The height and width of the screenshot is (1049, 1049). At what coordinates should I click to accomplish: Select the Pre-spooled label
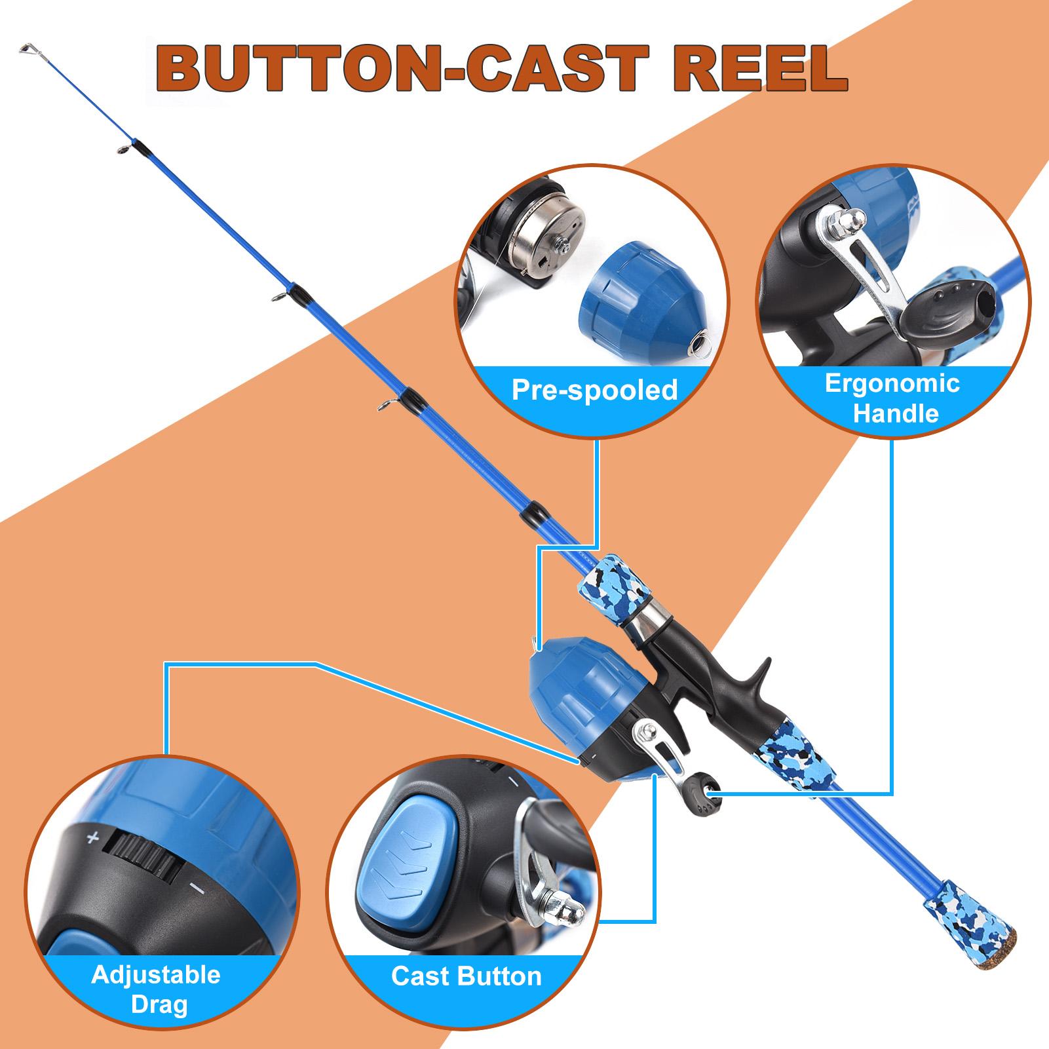(594, 391)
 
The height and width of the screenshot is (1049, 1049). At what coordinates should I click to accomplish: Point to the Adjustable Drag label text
(156, 989)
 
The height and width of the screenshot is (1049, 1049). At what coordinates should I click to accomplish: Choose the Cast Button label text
(467, 976)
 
